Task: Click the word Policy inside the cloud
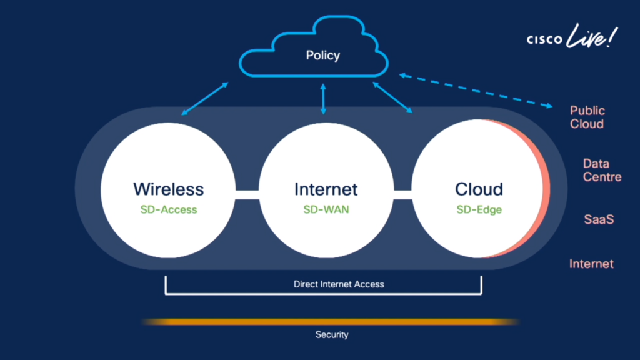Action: (322, 56)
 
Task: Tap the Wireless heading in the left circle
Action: (168, 189)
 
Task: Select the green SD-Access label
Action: (168, 209)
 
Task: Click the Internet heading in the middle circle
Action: (326, 189)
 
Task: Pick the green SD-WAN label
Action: (326, 209)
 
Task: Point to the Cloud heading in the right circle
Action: (479, 189)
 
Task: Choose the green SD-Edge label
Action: (479, 209)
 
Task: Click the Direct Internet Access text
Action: (339, 284)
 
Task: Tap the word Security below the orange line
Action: (332, 335)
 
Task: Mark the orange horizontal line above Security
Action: (330, 322)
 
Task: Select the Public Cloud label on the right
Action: (587, 117)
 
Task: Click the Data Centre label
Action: (602, 170)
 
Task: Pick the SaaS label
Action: (599, 219)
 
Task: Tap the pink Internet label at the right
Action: (591, 264)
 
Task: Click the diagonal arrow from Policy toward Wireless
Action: (204, 99)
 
